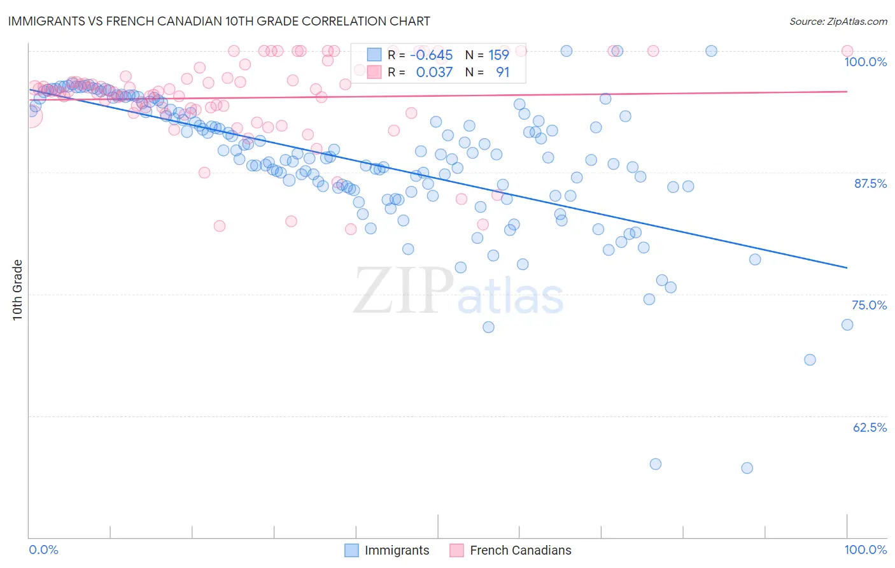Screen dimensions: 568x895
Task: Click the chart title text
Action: coord(219,22)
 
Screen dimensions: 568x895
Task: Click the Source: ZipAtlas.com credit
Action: coord(838,22)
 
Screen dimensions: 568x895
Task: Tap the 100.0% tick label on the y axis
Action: coord(865,62)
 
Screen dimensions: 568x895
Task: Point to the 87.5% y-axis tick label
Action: coord(870,183)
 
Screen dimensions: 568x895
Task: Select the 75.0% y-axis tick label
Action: coord(869,305)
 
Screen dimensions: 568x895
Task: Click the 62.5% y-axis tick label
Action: coord(870,427)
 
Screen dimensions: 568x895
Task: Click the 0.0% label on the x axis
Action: coord(44,550)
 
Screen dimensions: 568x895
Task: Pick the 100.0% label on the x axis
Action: coord(865,550)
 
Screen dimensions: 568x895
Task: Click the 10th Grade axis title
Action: coord(17,290)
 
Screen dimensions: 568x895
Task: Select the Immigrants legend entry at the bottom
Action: coord(387,550)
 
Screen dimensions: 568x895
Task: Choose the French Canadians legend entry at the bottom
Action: coord(511,550)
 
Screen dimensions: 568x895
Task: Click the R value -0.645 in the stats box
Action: coord(431,55)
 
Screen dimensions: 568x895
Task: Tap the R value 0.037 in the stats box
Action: coord(434,73)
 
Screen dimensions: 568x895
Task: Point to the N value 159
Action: coord(498,55)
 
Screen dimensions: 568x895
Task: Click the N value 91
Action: coord(502,73)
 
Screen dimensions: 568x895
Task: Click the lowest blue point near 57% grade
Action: coord(747,468)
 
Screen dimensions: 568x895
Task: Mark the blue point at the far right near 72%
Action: coord(847,325)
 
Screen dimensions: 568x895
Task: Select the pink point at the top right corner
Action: coord(847,51)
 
